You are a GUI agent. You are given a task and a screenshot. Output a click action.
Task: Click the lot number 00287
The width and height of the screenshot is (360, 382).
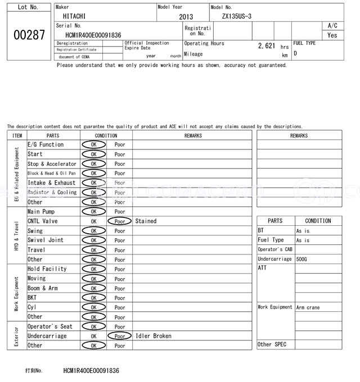29,35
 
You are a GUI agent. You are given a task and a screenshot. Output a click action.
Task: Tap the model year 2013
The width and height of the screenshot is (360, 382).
186,17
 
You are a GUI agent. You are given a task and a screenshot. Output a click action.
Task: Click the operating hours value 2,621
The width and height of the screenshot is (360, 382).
266,46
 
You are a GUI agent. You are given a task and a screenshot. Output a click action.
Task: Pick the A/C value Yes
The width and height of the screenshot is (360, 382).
332,35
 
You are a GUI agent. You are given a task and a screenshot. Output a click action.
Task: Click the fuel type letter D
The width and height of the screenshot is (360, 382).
295,53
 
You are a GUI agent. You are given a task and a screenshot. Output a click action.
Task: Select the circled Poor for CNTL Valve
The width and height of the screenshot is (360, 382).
119,221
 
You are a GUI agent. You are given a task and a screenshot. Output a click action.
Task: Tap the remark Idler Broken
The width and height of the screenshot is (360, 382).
154,336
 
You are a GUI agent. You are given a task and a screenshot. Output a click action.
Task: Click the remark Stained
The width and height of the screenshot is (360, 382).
146,221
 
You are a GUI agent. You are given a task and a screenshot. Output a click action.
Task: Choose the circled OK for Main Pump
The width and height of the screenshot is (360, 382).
93,212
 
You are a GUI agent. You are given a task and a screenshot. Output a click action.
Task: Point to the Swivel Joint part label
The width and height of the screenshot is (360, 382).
46,240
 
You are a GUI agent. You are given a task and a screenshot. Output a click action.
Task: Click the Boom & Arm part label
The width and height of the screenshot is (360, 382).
43,288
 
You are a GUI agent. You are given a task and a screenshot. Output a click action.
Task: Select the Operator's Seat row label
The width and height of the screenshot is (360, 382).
50,326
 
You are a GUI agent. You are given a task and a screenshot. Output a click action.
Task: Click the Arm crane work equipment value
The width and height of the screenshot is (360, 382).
308,307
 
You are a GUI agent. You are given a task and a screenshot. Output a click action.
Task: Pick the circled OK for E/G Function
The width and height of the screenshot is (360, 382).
93,145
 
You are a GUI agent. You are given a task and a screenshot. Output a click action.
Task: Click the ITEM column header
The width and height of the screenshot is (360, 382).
17,135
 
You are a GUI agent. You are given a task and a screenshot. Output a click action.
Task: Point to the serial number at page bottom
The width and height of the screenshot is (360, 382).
91,371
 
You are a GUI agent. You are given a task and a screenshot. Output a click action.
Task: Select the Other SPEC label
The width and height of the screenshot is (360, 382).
272,344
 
